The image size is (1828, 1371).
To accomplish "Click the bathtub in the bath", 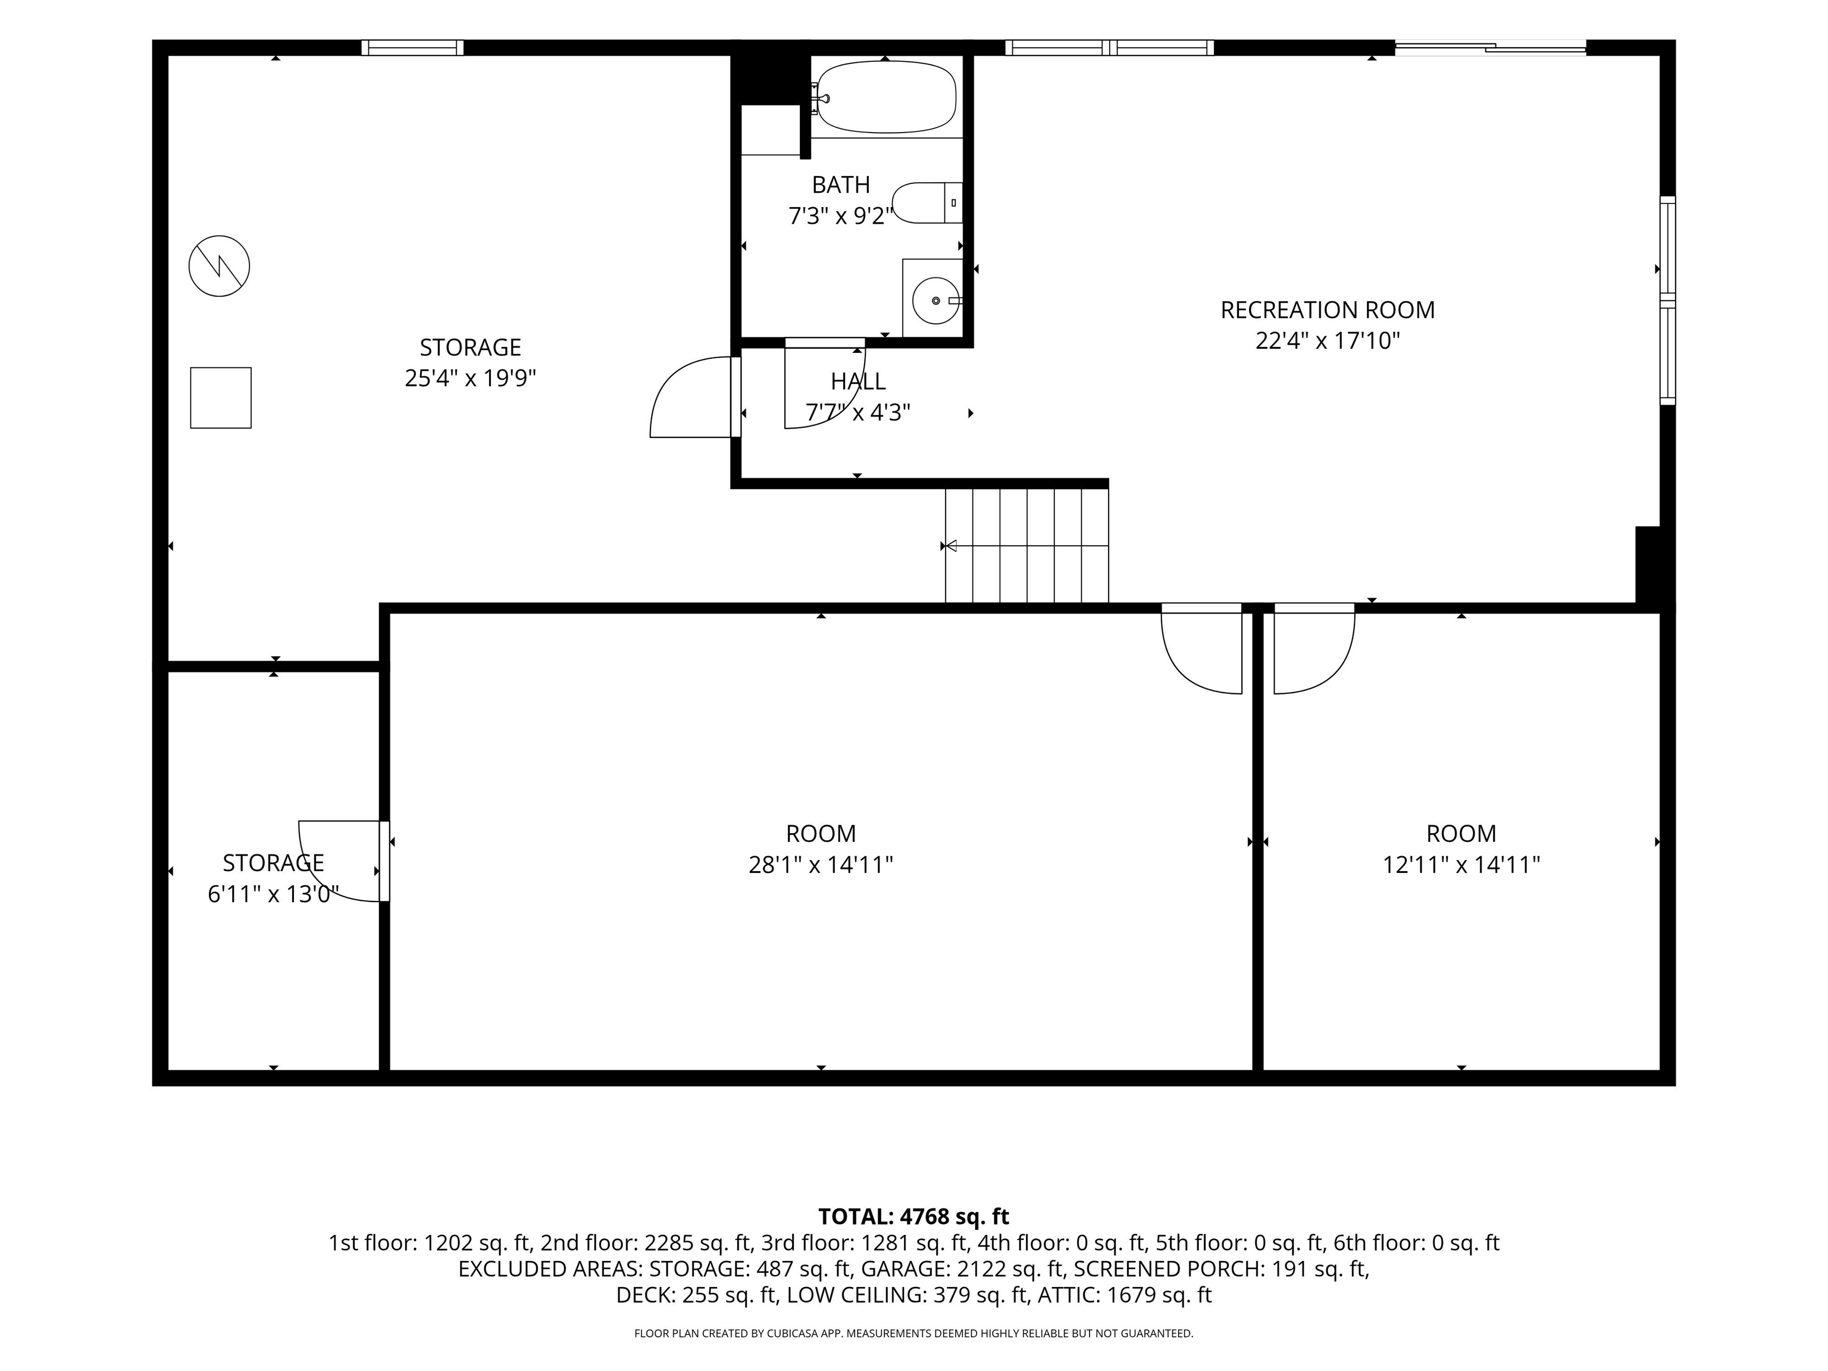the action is click(x=886, y=96).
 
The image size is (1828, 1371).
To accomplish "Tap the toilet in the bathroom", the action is click(x=927, y=202).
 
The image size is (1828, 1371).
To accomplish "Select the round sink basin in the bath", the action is click(x=935, y=301).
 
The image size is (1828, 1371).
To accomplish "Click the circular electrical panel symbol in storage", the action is click(x=219, y=266).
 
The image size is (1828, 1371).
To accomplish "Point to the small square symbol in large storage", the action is click(x=221, y=397).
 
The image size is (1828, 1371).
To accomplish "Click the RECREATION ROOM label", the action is click(x=1327, y=310).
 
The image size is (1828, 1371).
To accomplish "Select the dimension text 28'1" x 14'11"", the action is click(x=821, y=865).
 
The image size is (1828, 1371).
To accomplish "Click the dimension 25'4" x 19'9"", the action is click(x=470, y=378).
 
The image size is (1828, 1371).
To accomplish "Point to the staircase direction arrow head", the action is click(x=951, y=546).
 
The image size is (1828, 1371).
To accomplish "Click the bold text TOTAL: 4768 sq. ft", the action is click(x=913, y=1216).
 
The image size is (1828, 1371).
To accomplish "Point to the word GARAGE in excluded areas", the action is click(x=904, y=1269).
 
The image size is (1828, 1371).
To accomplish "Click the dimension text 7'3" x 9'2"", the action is click(x=840, y=215).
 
